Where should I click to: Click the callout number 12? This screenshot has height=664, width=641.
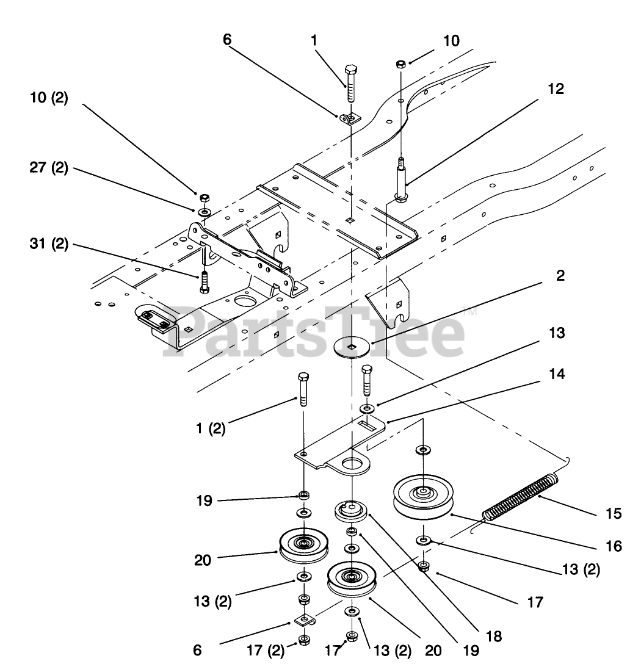click(x=555, y=88)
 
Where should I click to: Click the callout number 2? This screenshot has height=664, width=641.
click(x=560, y=275)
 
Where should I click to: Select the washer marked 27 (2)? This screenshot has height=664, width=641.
click(x=203, y=211)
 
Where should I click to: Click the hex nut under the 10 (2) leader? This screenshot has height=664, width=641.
click(x=205, y=197)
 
